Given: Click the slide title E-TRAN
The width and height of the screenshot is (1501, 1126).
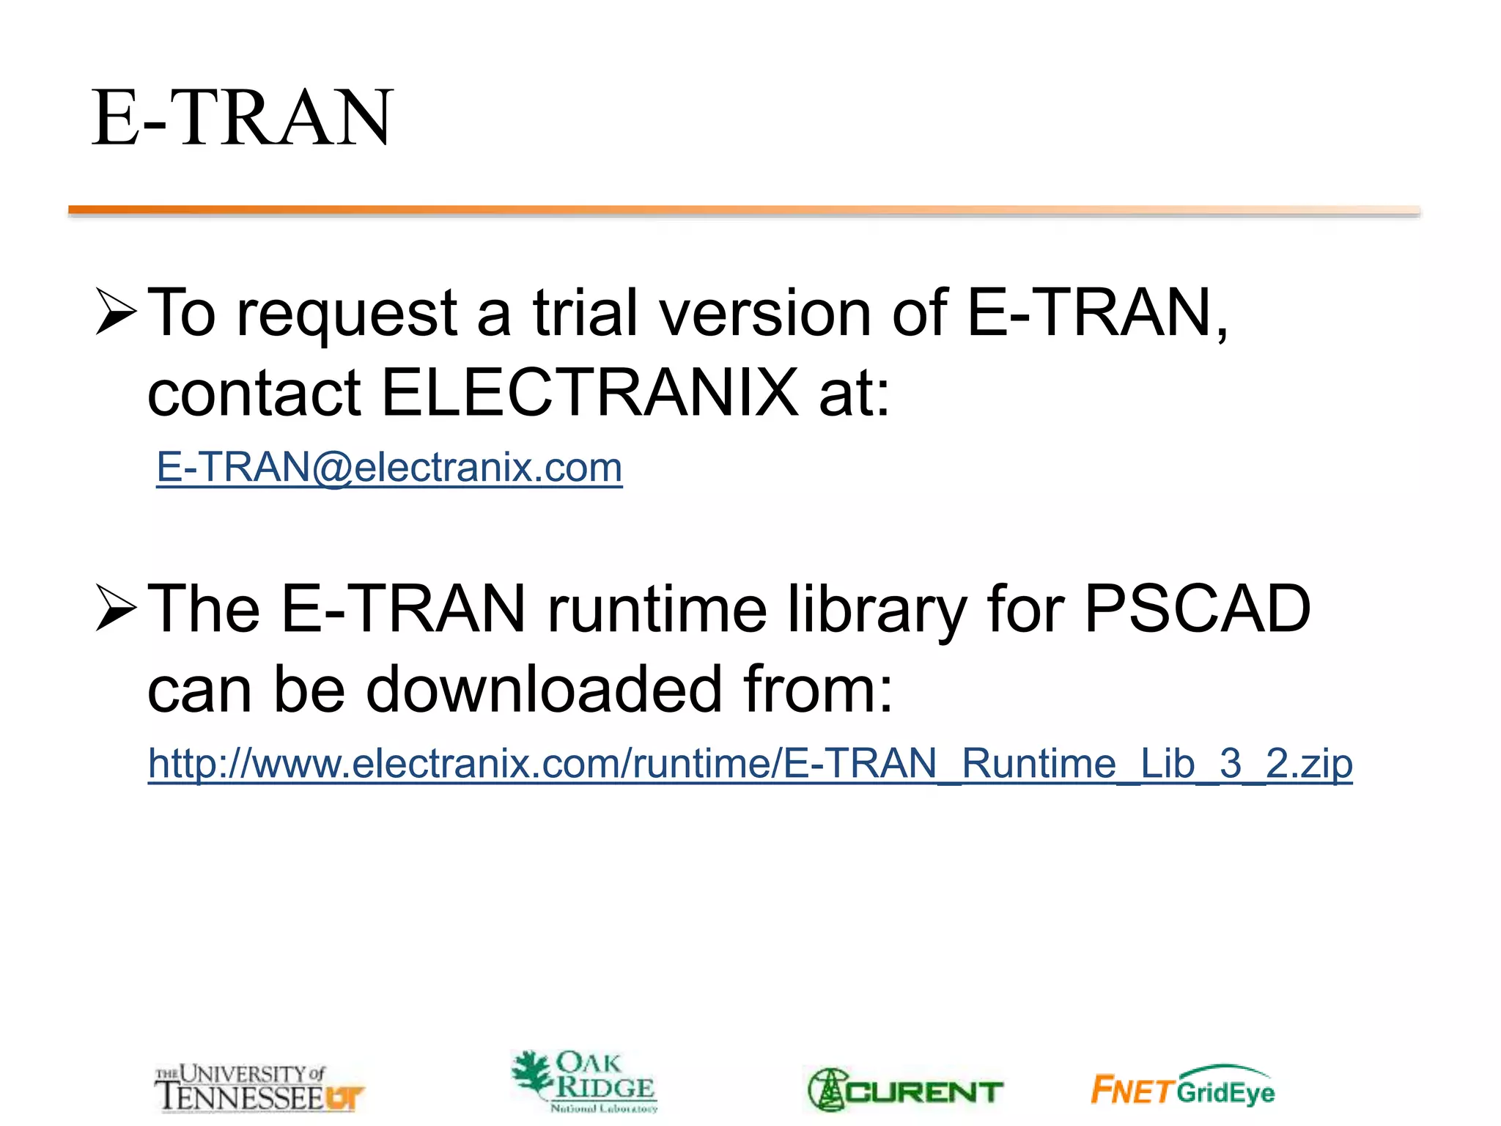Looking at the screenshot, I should [x=242, y=117].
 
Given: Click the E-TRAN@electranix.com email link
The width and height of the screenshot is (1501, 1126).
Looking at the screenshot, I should [x=389, y=468].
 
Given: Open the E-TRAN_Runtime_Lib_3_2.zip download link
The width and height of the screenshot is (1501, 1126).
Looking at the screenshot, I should [x=750, y=764].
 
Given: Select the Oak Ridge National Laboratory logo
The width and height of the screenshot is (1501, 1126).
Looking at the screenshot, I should [x=584, y=1081].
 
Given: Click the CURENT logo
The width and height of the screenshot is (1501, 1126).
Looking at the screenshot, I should [x=905, y=1091].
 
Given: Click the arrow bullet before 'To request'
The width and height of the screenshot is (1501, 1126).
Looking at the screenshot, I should [x=116, y=312].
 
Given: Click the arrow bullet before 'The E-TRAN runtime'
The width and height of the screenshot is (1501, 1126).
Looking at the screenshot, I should [x=116, y=608].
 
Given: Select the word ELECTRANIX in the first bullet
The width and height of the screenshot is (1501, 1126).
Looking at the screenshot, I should [x=590, y=393].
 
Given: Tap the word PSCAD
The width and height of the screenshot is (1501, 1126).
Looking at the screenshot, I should [x=1197, y=608].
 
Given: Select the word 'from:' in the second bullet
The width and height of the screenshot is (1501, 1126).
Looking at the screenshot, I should [x=818, y=689].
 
